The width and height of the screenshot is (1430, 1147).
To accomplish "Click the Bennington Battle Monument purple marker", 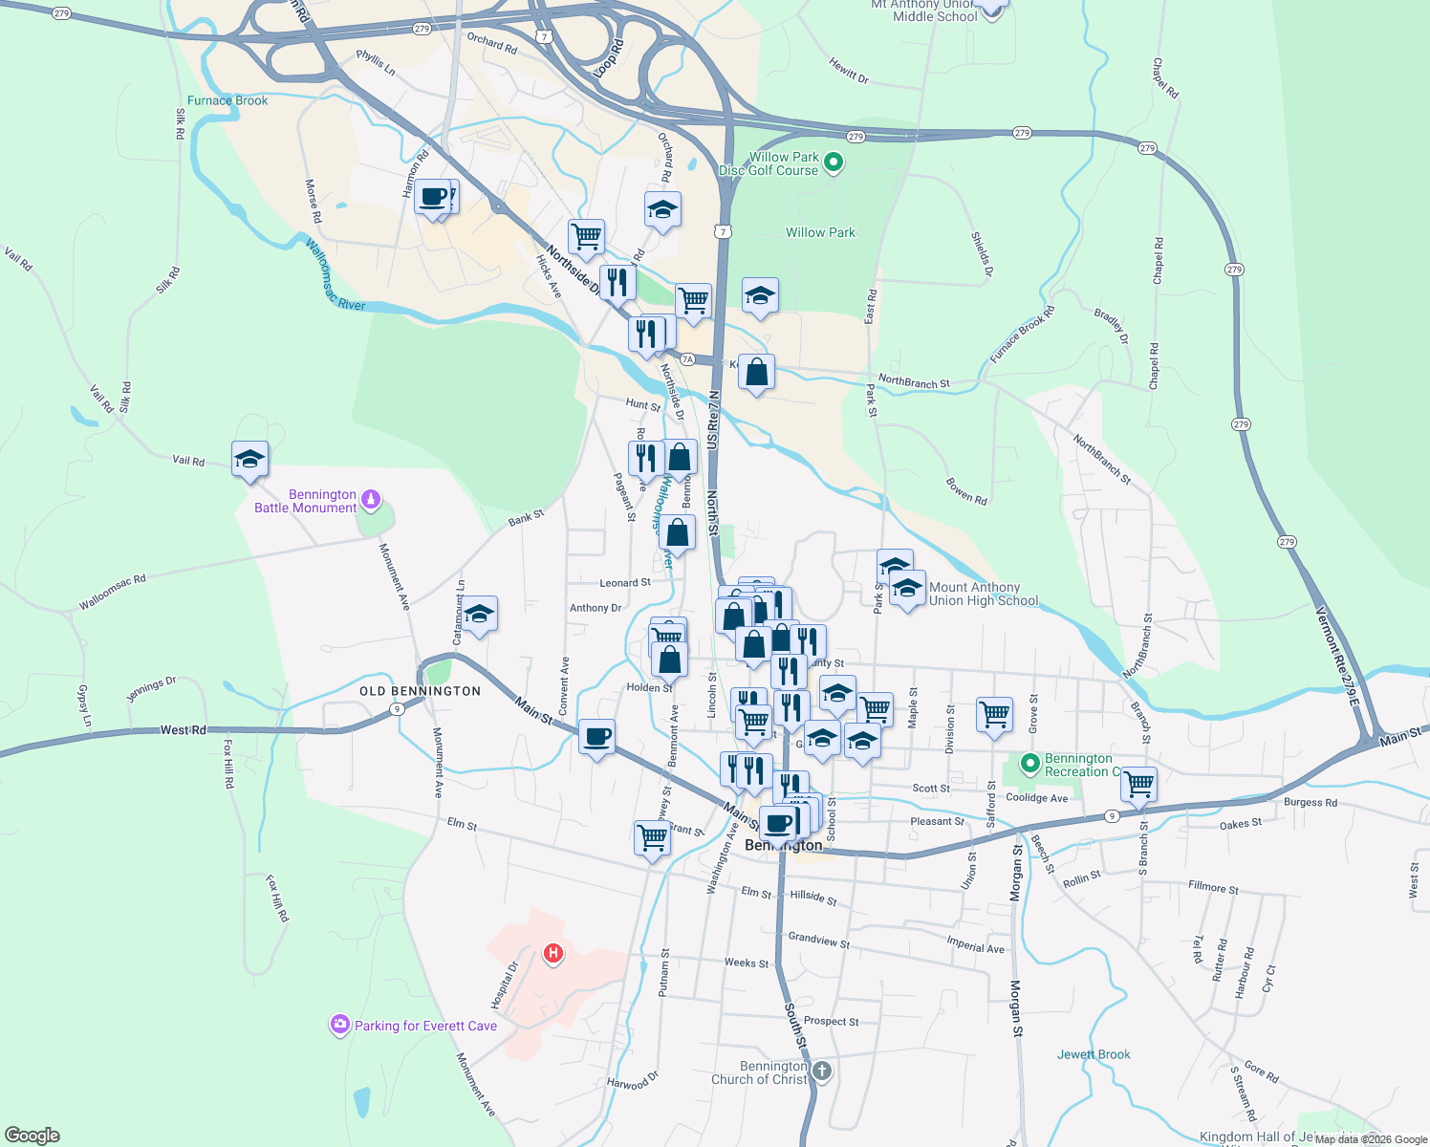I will coord(371,499).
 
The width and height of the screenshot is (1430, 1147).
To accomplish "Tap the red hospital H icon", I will coord(552,953).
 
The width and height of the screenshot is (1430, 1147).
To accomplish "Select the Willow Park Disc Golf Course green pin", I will coord(834,162).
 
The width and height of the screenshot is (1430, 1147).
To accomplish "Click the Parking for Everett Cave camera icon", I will coord(339,1025).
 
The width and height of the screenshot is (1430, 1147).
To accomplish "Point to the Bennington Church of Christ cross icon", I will coord(822,1071).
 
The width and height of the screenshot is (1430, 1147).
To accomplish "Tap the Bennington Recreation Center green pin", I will coord(1029,763).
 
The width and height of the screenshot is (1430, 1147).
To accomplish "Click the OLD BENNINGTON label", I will coord(420,691).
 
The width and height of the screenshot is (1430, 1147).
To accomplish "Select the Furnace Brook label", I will coord(227,100).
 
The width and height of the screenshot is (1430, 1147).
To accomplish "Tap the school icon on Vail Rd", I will coord(249,459).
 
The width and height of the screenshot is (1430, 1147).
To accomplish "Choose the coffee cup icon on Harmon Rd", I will coord(433,197).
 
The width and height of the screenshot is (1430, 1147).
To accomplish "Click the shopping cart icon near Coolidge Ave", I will coord(1138,784).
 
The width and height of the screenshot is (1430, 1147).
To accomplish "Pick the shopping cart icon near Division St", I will coord(994,713).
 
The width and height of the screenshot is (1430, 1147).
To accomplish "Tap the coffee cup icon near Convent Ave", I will coord(596,737).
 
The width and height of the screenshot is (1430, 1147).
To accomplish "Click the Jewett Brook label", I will coord(1094,1054).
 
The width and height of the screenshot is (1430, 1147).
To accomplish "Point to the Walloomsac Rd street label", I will coord(113,593).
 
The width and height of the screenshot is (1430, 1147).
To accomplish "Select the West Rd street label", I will coord(183,730).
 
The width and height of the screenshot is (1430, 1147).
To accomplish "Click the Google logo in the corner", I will coord(32,1136).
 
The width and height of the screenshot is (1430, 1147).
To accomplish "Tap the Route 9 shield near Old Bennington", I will coord(396,708).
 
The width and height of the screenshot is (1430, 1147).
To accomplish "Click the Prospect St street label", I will coord(831,1021).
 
